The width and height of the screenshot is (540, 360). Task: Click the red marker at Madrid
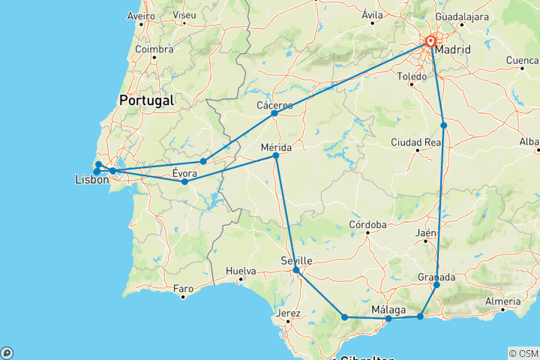point(431,42)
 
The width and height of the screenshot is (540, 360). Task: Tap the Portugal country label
point(146,100)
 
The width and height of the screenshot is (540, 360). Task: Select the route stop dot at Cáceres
point(274,113)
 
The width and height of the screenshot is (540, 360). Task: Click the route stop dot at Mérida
point(276,155)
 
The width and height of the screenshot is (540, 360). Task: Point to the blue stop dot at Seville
point(296,270)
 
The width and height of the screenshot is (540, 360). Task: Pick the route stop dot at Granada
point(436,285)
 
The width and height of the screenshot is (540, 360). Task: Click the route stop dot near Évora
point(184,181)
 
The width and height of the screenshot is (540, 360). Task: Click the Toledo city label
point(412,76)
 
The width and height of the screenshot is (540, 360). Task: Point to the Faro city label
point(182,288)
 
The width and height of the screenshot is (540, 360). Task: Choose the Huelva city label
point(240,271)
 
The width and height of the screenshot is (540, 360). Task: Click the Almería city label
point(502,301)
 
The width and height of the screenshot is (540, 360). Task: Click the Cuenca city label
point(522,60)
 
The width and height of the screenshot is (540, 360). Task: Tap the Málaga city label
point(388,310)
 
